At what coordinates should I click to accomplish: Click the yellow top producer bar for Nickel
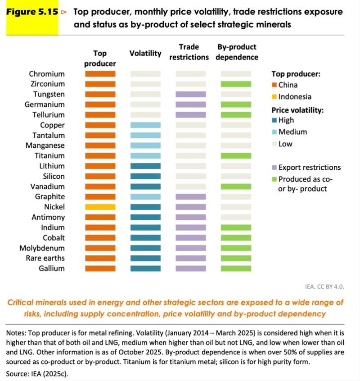(x=100, y=207)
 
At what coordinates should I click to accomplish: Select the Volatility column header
(x=145, y=53)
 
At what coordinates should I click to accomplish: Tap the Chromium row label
(x=47, y=74)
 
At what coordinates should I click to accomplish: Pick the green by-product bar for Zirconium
(x=236, y=84)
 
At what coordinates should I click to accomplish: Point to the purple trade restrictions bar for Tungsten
(x=190, y=95)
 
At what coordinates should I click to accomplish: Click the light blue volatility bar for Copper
(x=145, y=125)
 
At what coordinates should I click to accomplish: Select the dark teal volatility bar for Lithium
(x=145, y=166)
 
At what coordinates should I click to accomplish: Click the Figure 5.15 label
(x=32, y=12)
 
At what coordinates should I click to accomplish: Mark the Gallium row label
(x=51, y=268)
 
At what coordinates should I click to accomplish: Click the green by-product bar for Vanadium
(x=236, y=186)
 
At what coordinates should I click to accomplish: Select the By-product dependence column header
(x=237, y=52)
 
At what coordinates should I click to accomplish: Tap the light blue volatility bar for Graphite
(x=145, y=197)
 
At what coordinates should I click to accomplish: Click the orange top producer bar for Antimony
(x=100, y=217)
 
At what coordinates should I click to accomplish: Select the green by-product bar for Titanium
(x=236, y=156)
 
